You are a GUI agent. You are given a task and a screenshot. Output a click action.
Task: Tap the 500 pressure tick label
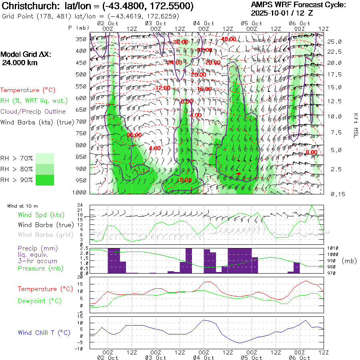(82, 74)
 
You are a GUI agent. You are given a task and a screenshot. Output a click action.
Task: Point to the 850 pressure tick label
(82, 157)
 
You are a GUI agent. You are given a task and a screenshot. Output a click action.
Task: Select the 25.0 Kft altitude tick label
(334, 42)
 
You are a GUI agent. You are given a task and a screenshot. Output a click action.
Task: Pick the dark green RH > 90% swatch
(45, 180)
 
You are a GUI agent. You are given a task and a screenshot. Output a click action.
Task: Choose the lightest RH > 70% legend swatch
(45, 158)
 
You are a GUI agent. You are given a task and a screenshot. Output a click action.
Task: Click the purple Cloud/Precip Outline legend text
(33, 112)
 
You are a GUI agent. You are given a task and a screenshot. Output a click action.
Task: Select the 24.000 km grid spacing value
(18, 63)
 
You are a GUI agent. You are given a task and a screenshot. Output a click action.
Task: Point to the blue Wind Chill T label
(44, 333)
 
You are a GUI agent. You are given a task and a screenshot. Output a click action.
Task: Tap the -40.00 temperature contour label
(228, 39)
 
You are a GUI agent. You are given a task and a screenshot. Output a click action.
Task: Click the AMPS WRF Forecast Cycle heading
(298, 5)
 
